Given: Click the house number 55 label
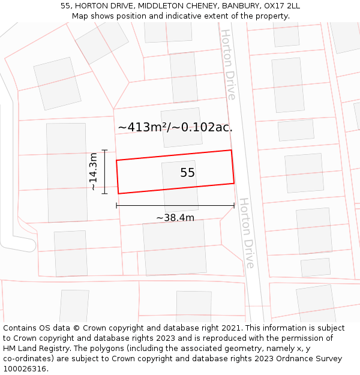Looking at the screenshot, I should [x=188, y=173].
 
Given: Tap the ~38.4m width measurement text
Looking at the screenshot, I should [x=175, y=218].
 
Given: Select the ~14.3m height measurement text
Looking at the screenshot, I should [x=94, y=172].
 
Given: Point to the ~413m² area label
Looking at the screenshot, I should [x=175, y=127].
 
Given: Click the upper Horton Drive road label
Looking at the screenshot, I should [x=228, y=64].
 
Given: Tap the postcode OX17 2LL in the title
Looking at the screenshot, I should [x=281, y=6].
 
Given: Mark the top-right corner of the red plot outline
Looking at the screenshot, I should [x=231, y=150].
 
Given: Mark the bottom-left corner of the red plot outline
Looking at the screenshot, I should [x=118, y=193].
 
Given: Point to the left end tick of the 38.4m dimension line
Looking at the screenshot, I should [x=116, y=206].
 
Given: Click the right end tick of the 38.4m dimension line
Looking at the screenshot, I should [x=234, y=206].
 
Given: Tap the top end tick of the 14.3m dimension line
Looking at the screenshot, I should [x=104, y=150].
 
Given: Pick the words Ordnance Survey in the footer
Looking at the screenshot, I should [x=306, y=359].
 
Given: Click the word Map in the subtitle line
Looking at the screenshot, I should [x=80, y=16].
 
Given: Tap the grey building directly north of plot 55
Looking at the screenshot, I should [x=181, y=127].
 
